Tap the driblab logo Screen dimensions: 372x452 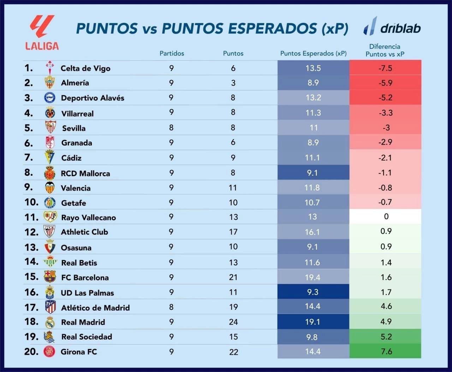coord(392,27)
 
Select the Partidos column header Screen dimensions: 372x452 coord(172,53)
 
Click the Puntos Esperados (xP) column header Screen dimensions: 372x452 coord(313,53)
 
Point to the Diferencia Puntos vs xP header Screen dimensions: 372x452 coord(385,50)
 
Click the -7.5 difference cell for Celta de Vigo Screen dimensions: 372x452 coord(385,68)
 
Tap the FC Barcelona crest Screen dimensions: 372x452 coord(50,277)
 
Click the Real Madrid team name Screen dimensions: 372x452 coord(83,322)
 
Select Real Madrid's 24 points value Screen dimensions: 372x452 coord(233,322)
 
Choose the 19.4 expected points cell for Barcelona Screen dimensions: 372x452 coord(313,277)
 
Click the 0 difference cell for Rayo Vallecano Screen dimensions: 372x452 coord(386,216)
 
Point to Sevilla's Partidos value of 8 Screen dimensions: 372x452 coord(171,127)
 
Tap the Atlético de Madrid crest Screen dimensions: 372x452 coord(50,307)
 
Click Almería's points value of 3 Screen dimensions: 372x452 coord(233,83)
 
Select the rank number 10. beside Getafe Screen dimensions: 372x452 coord(31,202)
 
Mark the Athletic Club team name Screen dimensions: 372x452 coord(84,232)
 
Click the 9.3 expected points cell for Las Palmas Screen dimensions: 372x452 coord(313,292)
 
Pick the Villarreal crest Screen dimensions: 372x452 coord(50,113)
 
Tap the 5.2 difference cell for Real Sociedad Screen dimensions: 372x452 coord(386,337)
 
